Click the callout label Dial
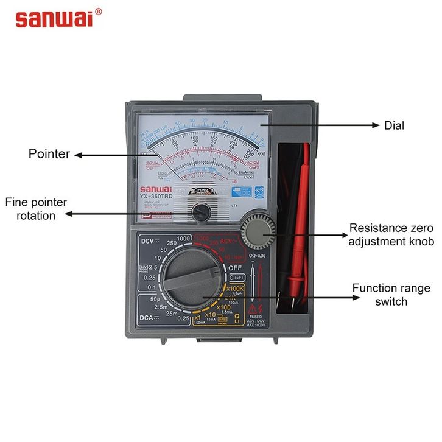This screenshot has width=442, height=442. [x=395, y=125]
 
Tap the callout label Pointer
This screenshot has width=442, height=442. [x=49, y=154]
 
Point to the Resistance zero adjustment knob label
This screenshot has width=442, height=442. [x=391, y=235]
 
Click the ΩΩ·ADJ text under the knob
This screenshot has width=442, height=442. [x=258, y=256]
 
